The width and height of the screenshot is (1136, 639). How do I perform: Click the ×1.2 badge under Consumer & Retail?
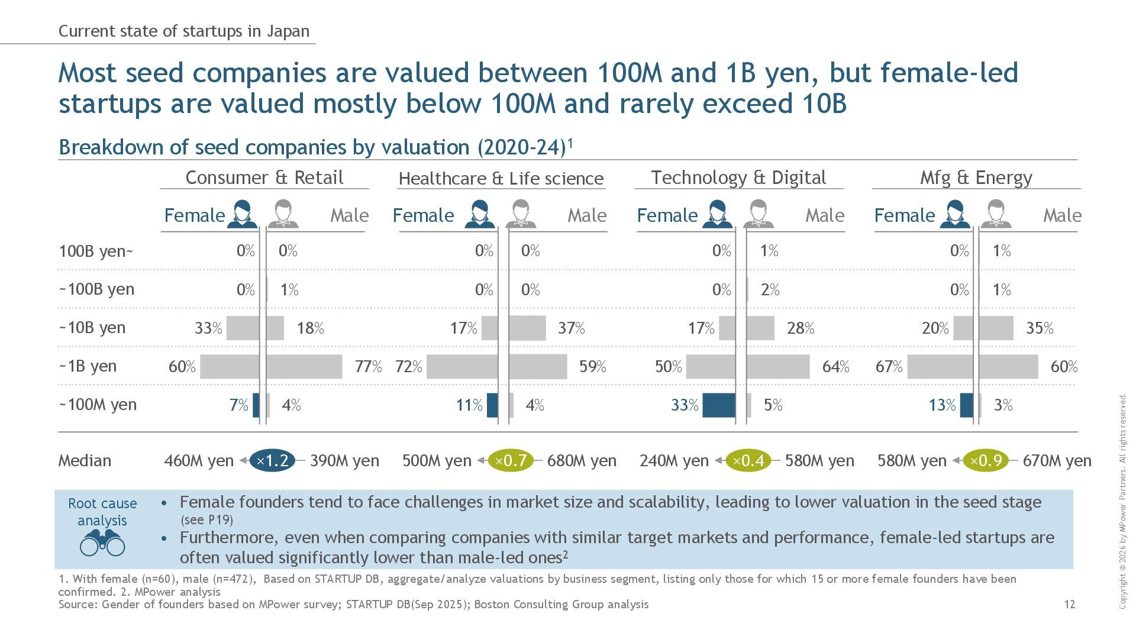(x=272, y=460)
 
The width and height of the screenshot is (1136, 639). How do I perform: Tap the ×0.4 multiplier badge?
(x=748, y=460)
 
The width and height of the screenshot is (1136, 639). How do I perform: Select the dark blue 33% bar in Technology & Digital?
(x=719, y=405)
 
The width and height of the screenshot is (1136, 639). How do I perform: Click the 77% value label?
(x=368, y=367)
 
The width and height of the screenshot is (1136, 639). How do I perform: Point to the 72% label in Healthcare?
(x=408, y=367)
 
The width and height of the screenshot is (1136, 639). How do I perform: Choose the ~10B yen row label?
(x=92, y=328)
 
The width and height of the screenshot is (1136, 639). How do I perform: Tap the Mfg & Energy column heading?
(x=976, y=177)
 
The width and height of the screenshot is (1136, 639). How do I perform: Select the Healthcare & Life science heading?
(x=501, y=179)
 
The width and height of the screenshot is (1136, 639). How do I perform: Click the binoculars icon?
(x=102, y=543)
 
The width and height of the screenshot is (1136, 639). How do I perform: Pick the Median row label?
(x=85, y=461)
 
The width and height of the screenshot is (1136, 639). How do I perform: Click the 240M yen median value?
(x=673, y=461)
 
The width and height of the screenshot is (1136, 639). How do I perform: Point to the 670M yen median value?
(x=1057, y=461)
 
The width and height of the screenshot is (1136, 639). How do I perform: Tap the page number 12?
(x=1069, y=604)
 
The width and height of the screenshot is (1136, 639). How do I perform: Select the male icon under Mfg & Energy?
(x=995, y=214)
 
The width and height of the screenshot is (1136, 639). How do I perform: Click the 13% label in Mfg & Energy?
(x=942, y=405)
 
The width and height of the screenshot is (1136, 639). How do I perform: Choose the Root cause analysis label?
(x=102, y=512)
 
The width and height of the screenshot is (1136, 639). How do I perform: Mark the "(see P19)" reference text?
(x=206, y=520)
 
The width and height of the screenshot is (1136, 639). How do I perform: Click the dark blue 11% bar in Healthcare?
(x=492, y=405)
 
